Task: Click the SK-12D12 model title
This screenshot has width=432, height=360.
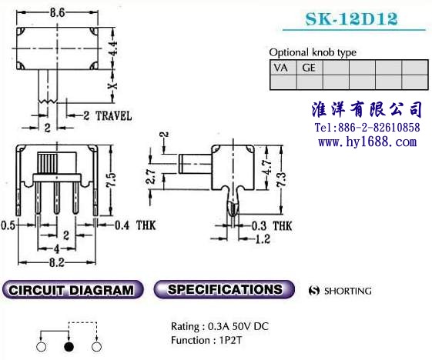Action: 352,18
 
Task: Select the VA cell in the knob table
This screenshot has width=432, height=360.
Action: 283,68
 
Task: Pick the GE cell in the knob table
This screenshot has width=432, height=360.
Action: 309,68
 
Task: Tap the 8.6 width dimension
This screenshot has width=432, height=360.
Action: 57,12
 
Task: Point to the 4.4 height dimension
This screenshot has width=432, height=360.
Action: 113,48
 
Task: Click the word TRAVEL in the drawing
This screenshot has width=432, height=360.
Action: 113,116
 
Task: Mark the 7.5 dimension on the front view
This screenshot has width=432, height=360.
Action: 111,180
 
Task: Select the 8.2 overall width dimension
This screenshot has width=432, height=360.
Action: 57,262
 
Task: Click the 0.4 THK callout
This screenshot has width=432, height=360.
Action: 136,225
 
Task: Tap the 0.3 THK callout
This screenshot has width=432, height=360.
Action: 272,226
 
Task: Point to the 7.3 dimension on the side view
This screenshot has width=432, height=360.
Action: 282,180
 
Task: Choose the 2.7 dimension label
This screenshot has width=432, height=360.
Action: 151,177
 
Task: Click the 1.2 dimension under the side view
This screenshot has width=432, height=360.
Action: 263,238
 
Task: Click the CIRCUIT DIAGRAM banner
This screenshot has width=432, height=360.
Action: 72,290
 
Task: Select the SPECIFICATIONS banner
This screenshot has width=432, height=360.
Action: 224,289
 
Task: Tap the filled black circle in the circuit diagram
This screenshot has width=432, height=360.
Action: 69,347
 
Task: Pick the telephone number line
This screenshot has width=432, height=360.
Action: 367,128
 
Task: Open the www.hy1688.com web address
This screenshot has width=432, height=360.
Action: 367,142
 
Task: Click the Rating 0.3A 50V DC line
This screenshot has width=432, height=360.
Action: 219,327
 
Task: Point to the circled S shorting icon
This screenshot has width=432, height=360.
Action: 314,291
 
